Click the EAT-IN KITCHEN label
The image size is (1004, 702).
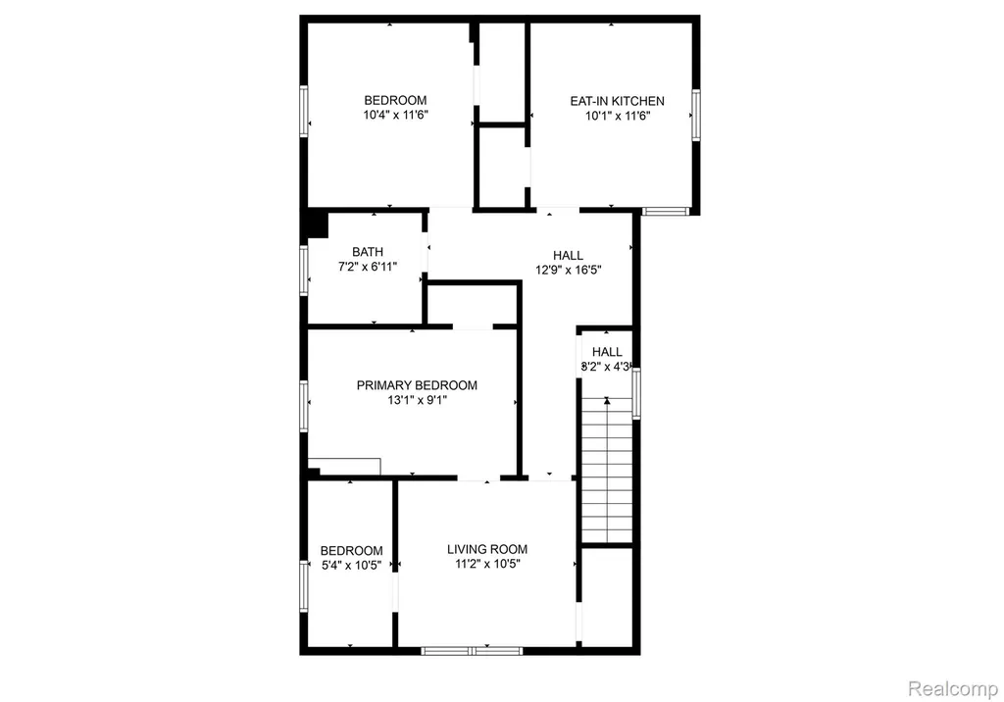(618, 101)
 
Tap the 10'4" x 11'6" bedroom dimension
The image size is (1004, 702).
(396, 116)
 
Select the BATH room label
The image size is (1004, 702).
(368, 252)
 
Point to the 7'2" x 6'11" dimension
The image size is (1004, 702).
(368, 267)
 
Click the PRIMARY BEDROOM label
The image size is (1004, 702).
(417, 385)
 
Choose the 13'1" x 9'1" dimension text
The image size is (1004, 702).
(417, 400)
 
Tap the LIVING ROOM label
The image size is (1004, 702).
(487, 550)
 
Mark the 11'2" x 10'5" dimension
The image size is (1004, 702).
(487, 565)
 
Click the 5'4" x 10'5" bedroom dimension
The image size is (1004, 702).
(352, 566)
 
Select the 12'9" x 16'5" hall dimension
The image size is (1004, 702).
(569, 271)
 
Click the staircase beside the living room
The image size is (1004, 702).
(606, 471)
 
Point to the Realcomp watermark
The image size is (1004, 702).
(953, 689)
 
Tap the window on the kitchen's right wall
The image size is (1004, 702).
(695, 116)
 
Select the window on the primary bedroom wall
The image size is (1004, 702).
(304, 406)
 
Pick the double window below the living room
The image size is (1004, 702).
(472, 651)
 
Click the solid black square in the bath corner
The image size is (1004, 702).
(317, 226)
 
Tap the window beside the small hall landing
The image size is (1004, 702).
(636, 393)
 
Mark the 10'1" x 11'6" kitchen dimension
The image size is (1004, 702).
(618, 116)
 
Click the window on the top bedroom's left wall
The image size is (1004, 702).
(304, 111)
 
